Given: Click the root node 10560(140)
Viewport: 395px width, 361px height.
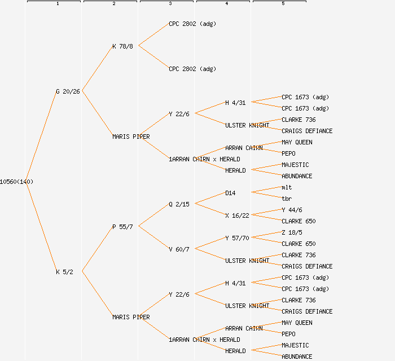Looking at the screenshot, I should tap(16, 182).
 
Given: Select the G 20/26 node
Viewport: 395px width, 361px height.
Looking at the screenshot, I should tap(68, 91).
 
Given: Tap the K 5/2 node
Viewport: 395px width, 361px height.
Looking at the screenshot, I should tap(64, 272).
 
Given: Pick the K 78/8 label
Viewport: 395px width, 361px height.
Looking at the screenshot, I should tap(122, 46).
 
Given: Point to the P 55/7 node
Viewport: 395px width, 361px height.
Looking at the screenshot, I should tap(122, 227).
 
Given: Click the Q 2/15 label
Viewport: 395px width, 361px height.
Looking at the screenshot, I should tap(179, 204).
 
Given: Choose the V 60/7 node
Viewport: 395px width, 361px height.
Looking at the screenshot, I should tap(179, 249).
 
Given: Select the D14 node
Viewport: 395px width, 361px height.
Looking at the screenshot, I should tap(230, 193).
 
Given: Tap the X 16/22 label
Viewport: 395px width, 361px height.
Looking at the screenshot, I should tap(237, 215).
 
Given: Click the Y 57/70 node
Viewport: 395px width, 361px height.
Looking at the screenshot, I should tap(237, 238).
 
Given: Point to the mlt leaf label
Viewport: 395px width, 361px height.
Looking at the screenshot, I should tap(287, 187).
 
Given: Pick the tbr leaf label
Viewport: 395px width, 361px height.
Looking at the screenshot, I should tap(287, 199).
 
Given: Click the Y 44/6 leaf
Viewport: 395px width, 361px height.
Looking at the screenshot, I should tap(292, 210).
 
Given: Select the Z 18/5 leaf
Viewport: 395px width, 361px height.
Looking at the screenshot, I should tap(292, 232).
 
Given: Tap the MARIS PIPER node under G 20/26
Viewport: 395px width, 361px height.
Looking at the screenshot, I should tap(131, 137).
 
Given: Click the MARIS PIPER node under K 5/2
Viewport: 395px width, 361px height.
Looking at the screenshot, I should tap(131, 317).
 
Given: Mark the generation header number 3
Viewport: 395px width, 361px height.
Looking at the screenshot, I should tap(170, 4).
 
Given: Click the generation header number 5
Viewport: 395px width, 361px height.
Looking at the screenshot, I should tap(283, 4).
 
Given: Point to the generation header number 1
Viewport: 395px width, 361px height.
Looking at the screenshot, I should tap(58, 4).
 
